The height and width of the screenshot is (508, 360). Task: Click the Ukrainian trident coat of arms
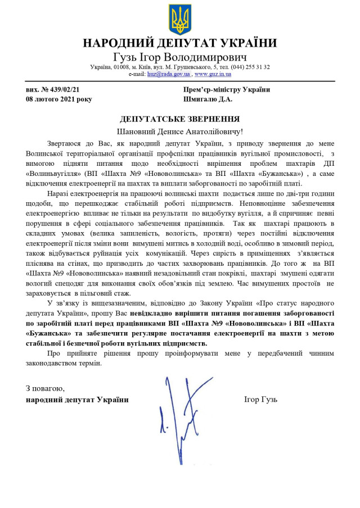(180, 20)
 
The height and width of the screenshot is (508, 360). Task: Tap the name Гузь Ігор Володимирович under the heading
(180, 57)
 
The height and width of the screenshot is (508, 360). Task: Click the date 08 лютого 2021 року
(58, 99)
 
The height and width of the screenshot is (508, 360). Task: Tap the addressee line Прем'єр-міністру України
(226, 89)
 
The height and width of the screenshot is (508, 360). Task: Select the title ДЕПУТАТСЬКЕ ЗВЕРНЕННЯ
(180, 119)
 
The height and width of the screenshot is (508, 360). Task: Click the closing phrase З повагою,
(45, 388)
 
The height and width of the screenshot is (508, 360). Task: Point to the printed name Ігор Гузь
(260, 400)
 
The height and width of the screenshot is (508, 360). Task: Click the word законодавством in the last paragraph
(57, 363)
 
